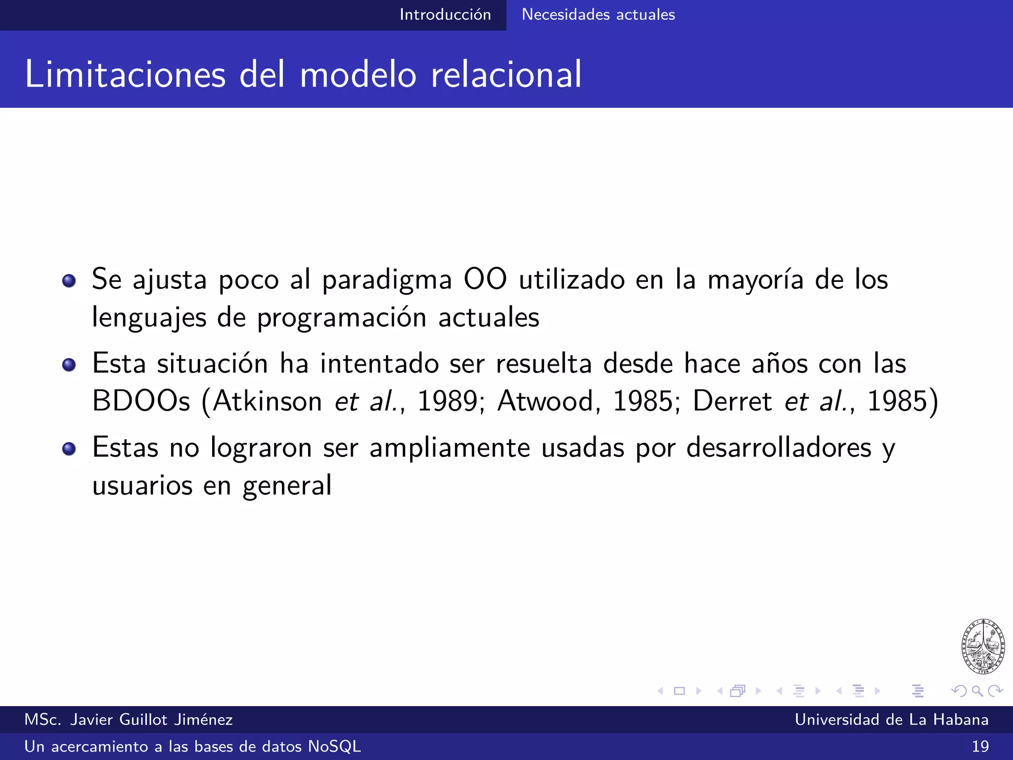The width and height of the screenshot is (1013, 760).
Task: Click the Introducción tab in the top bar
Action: (x=445, y=15)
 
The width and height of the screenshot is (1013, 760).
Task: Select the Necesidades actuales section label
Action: (x=598, y=15)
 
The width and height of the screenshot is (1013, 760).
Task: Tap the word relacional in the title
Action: (x=506, y=75)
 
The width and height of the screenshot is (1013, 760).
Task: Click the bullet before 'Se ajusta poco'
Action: (x=69, y=281)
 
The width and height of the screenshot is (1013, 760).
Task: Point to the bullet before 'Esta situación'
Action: (x=69, y=365)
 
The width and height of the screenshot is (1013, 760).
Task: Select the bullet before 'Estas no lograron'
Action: (x=69, y=449)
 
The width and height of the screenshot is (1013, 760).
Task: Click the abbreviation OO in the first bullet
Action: (x=485, y=279)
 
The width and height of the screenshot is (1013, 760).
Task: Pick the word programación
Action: (x=342, y=318)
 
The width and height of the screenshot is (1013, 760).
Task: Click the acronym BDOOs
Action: (x=141, y=401)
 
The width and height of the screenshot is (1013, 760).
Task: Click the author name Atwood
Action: (x=546, y=401)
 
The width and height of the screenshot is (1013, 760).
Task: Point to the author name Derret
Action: (x=732, y=401)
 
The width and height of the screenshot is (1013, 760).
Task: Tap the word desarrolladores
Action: (x=779, y=448)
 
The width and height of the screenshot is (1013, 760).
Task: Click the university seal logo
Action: (x=983, y=646)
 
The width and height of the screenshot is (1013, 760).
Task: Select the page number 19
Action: (x=980, y=747)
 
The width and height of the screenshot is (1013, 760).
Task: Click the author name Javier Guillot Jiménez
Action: (x=151, y=719)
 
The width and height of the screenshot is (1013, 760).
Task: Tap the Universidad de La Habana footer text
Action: (x=891, y=719)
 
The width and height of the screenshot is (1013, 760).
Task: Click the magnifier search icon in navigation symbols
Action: (x=977, y=691)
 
